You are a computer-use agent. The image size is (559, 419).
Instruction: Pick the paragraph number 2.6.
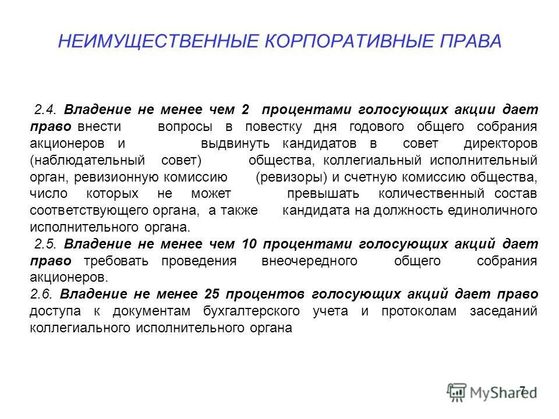point(41,294)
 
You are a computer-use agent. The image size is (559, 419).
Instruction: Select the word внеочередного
point(310,261)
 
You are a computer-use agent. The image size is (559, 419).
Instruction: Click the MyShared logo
point(493,391)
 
